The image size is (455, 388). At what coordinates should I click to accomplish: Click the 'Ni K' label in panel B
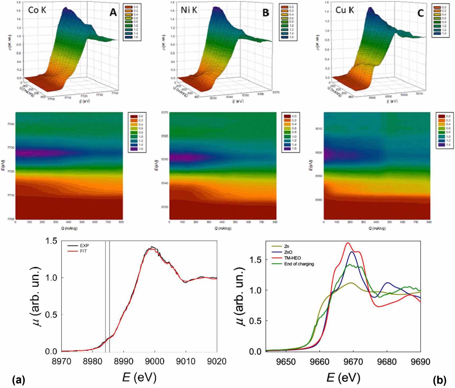tap(189, 10)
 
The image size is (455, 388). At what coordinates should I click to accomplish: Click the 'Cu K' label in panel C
tap(344, 10)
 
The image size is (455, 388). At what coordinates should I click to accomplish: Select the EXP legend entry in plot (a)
tap(84, 246)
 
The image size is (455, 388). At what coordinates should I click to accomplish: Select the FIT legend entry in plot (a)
tap(83, 251)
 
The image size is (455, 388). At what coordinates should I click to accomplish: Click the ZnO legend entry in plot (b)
tap(289, 252)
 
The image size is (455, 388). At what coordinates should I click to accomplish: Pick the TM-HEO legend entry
tap(292, 258)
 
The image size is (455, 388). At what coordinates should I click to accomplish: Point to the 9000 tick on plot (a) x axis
tap(155, 361)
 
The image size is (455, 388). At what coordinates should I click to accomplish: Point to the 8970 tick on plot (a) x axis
tap(61, 361)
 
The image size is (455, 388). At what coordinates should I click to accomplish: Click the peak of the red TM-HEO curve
tap(348, 243)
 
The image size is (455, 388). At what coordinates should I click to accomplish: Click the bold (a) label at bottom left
tap(18, 380)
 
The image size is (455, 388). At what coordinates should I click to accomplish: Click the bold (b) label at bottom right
tap(439, 380)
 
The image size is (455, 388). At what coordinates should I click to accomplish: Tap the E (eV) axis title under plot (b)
tap(343, 377)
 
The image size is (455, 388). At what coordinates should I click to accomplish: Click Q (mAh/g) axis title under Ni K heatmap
tap(223, 228)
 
